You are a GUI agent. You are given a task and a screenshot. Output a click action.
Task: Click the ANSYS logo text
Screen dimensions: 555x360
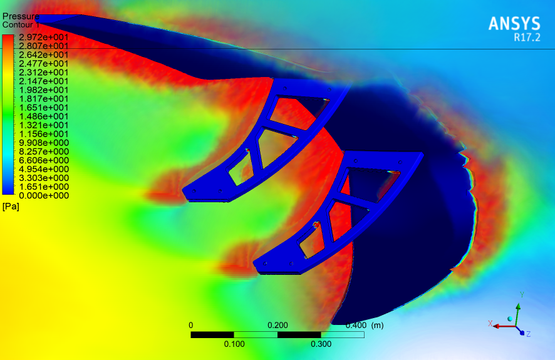(514, 24)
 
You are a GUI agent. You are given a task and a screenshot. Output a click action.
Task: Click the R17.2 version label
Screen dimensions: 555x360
(527, 38)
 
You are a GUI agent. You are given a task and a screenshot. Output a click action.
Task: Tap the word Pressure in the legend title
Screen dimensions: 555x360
(21, 16)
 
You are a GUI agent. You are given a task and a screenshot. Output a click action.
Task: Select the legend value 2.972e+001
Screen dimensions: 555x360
(44, 37)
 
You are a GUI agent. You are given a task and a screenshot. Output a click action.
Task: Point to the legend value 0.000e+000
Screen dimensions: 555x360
(44, 195)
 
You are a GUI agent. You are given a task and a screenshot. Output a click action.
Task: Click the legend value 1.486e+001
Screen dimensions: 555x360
(44, 116)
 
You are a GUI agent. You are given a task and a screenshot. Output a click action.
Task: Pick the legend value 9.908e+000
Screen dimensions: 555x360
(44, 143)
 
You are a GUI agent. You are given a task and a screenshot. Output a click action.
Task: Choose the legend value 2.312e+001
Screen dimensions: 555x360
(44, 73)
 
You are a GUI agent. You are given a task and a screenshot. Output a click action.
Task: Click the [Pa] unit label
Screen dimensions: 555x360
(11, 207)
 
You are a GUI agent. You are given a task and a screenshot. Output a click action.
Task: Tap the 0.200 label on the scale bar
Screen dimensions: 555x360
(277, 326)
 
